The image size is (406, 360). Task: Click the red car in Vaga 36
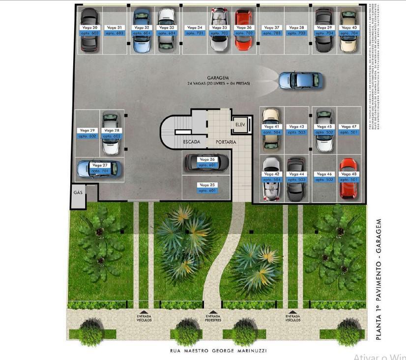point(243,30)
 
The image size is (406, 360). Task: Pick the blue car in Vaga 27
point(100,168)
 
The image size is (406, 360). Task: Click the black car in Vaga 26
point(207,162)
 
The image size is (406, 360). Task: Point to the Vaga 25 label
point(207,185)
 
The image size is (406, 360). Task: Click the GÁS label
point(78,192)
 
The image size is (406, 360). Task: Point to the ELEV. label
point(240,125)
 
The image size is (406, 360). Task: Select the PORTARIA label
point(226,142)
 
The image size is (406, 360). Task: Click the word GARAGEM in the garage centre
point(218,78)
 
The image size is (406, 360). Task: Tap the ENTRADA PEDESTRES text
point(213,318)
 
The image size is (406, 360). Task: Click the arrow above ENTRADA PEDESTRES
point(213,311)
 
